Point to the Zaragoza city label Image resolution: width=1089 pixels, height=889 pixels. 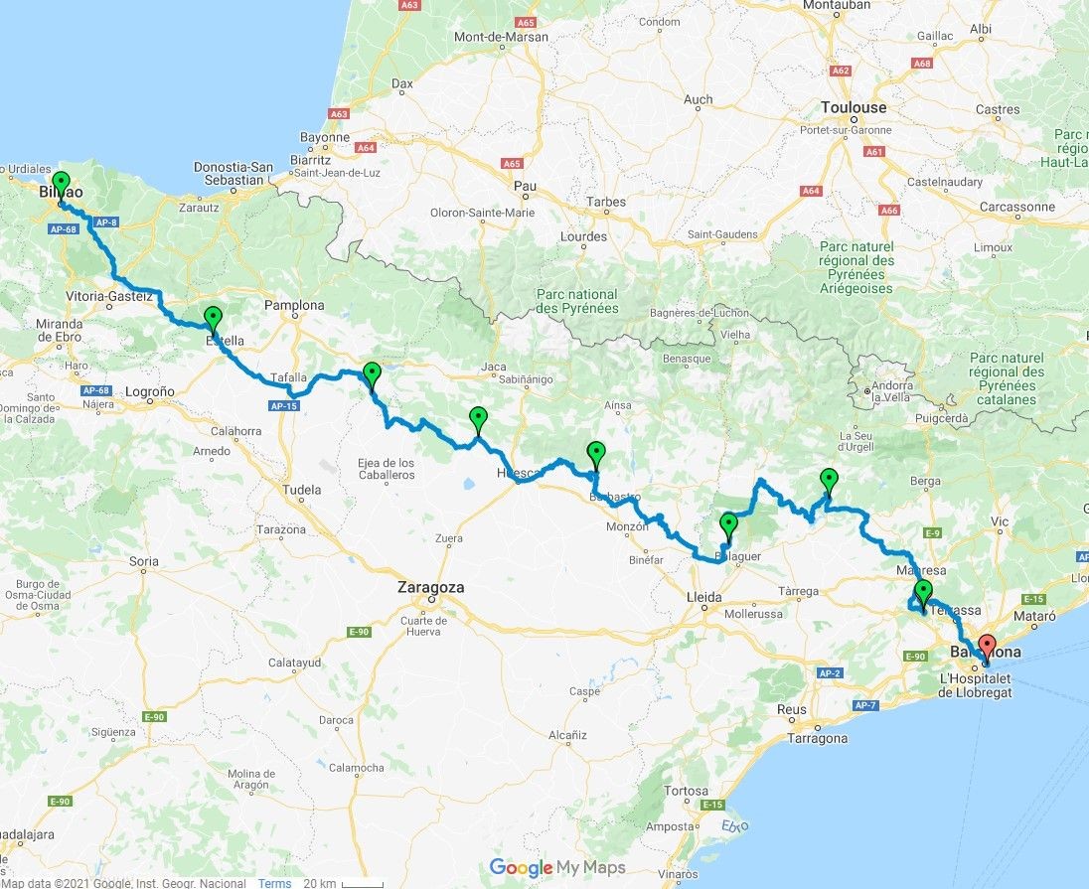pos(430,587)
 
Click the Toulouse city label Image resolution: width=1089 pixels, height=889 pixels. pos(854,107)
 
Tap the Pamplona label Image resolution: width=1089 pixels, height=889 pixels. pos(294,305)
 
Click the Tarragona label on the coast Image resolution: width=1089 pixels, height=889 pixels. pos(817,738)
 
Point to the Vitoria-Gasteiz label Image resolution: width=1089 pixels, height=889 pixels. pos(108,296)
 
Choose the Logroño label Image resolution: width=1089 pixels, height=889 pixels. pos(150,391)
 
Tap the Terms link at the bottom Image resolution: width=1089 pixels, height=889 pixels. pos(274,883)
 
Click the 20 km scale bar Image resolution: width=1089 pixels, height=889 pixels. pos(343,883)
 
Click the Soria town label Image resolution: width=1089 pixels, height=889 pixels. pos(144,561)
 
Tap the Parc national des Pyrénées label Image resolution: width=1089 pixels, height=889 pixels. pos(576,301)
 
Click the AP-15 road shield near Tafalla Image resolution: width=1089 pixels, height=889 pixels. pos(282,405)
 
